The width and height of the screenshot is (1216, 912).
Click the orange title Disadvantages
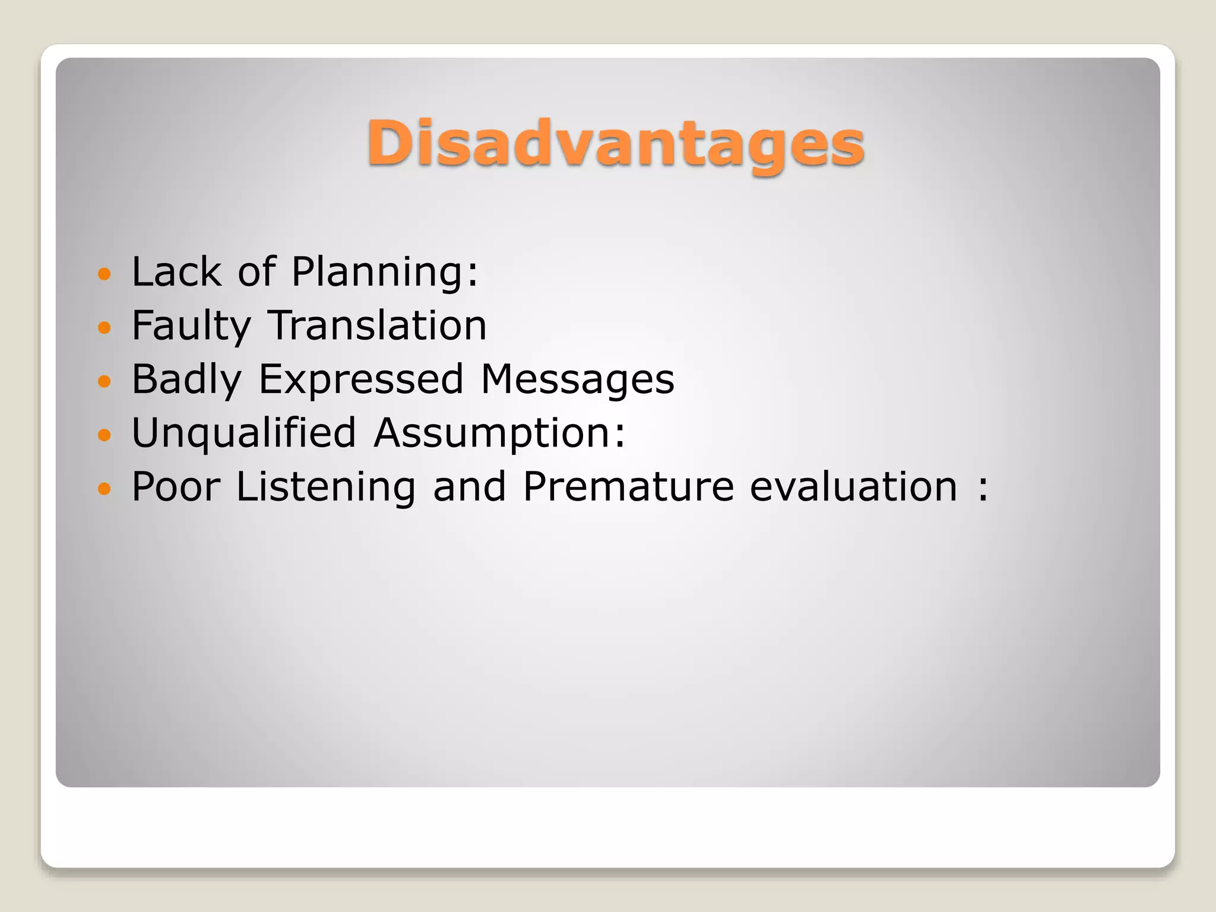[x=615, y=144]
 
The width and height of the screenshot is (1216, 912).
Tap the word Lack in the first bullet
[x=176, y=272]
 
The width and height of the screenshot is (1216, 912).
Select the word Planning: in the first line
[x=385, y=272]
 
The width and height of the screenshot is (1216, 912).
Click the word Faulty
[x=191, y=326]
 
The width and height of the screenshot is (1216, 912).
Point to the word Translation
[x=378, y=326]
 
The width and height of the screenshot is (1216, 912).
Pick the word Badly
[x=186, y=379]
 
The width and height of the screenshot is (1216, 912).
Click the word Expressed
[x=361, y=379]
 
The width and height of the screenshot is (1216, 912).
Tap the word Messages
[x=577, y=379]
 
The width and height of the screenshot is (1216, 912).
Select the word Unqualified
[x=244, y=433]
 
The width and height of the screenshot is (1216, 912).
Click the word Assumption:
[x=499, y=433]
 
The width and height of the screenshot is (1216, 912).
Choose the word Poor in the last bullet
[x=176, y=487]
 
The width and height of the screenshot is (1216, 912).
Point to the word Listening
[x=326, y=487]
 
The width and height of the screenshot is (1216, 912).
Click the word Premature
[x=629, y=487]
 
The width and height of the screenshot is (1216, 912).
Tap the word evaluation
[x=854, y=487]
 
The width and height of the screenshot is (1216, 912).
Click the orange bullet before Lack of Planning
[x=104, y=274]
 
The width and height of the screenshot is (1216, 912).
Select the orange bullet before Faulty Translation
[x=104, y=327]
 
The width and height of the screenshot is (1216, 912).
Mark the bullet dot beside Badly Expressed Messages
[x=104, y=381]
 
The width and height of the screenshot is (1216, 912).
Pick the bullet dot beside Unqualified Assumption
[x=104, y=435]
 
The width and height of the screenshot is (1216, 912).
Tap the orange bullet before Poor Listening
[x=104, y=489]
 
